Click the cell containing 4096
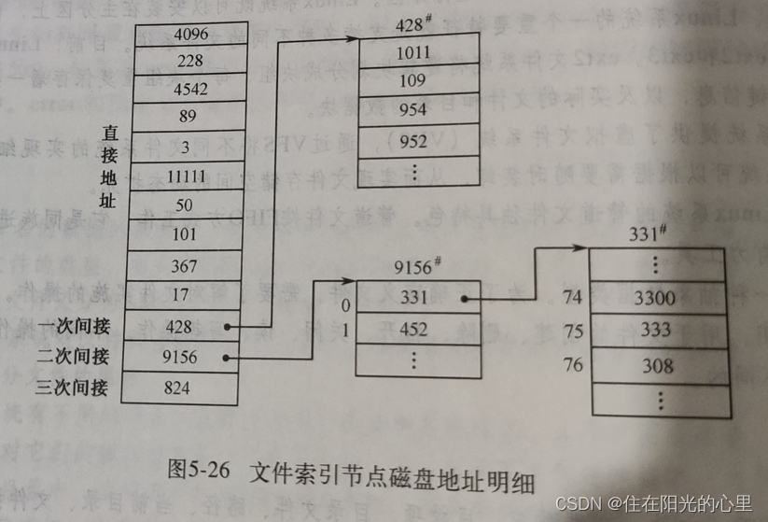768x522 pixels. tap(191, 35)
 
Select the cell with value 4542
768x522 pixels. tap(191, 91)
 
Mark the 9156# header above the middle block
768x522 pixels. tap(416, 267)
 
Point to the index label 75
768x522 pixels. tap(573, 331)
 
